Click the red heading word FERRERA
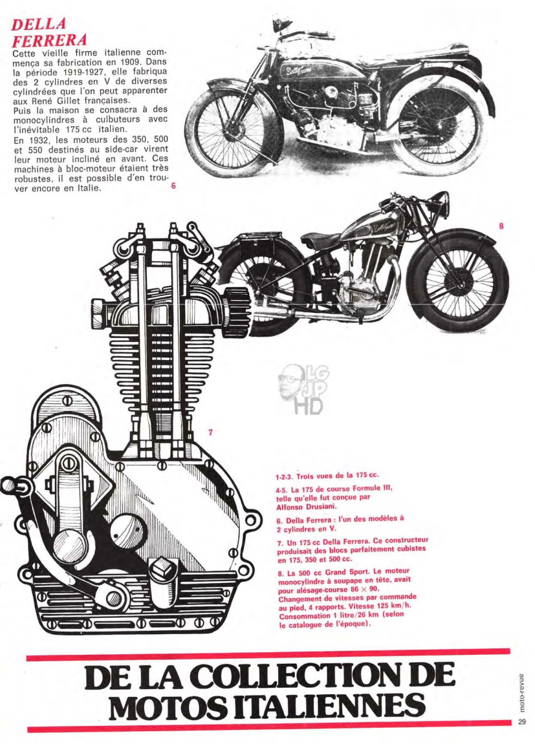point(49,40)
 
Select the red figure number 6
point(173,186)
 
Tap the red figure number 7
point(210,432)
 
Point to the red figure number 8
point(501,226)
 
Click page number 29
point(522,722)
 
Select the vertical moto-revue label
point(522,692)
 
